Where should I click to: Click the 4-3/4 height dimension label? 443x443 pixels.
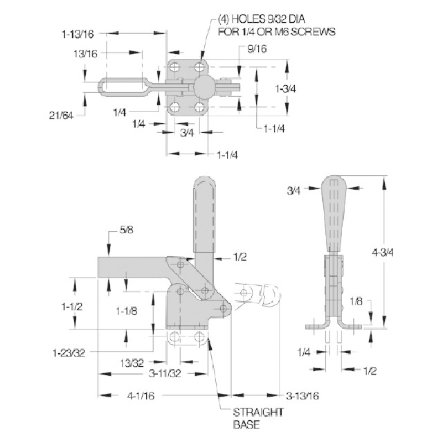tap(382, 252)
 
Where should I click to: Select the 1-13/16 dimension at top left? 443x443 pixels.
tap(78, 34)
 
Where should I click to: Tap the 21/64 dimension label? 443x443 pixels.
tap(61, 116)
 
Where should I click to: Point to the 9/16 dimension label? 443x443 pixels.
tap(257, 49)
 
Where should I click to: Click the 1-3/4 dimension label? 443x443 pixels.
tap(285, 89)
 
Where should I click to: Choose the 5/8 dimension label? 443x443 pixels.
tap(126, 230)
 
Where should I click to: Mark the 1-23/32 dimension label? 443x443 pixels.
tap(69, 352)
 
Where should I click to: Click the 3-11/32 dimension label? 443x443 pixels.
tap(165, 373)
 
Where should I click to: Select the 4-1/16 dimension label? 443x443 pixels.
tap(141, 395)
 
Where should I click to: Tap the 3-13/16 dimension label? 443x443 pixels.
tap(302, 396)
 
